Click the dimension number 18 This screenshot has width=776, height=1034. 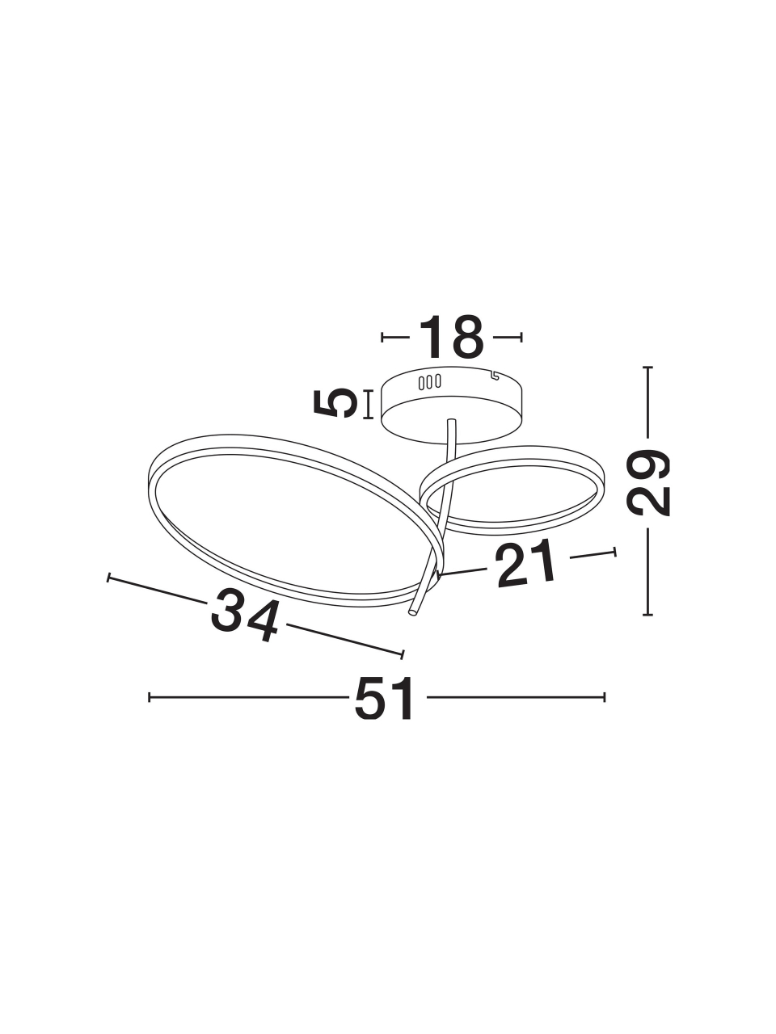click(451, 337)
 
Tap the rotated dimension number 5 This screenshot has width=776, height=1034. click(333, 403)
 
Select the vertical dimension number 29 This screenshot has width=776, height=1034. click(647, 483)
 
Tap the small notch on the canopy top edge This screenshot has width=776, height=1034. click(494, 376)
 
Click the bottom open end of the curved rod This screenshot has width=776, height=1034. click(413, 612)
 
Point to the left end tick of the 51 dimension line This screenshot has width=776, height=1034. click(149, 697)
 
